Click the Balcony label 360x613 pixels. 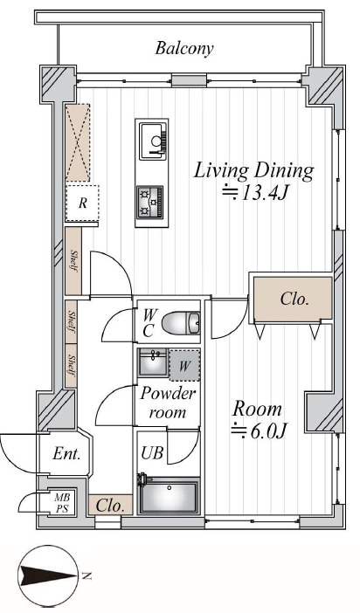(x=184, y=49)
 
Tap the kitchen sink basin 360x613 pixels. (x=154, y=141)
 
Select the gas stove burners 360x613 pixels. (x=150, y=202)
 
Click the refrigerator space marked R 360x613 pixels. (x=82, y=203)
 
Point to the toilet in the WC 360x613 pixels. (x=181, y=323)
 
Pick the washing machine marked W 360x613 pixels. (x=184, y=365)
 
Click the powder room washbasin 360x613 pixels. (x=153, y=362)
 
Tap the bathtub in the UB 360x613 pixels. (x=169, y=495)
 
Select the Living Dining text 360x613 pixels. (x=254, y=171)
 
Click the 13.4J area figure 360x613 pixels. (x=255, y=192)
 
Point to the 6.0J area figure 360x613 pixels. (x=260, y=430)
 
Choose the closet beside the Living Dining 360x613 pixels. (x=293, y=299)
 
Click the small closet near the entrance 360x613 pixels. (x=110, y=505)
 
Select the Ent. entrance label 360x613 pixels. (x=66, y=454)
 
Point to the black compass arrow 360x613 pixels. (x=47, y=575)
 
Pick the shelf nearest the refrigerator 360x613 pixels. (x=73, y=261)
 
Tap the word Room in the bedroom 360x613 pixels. (x=257, y=409)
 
